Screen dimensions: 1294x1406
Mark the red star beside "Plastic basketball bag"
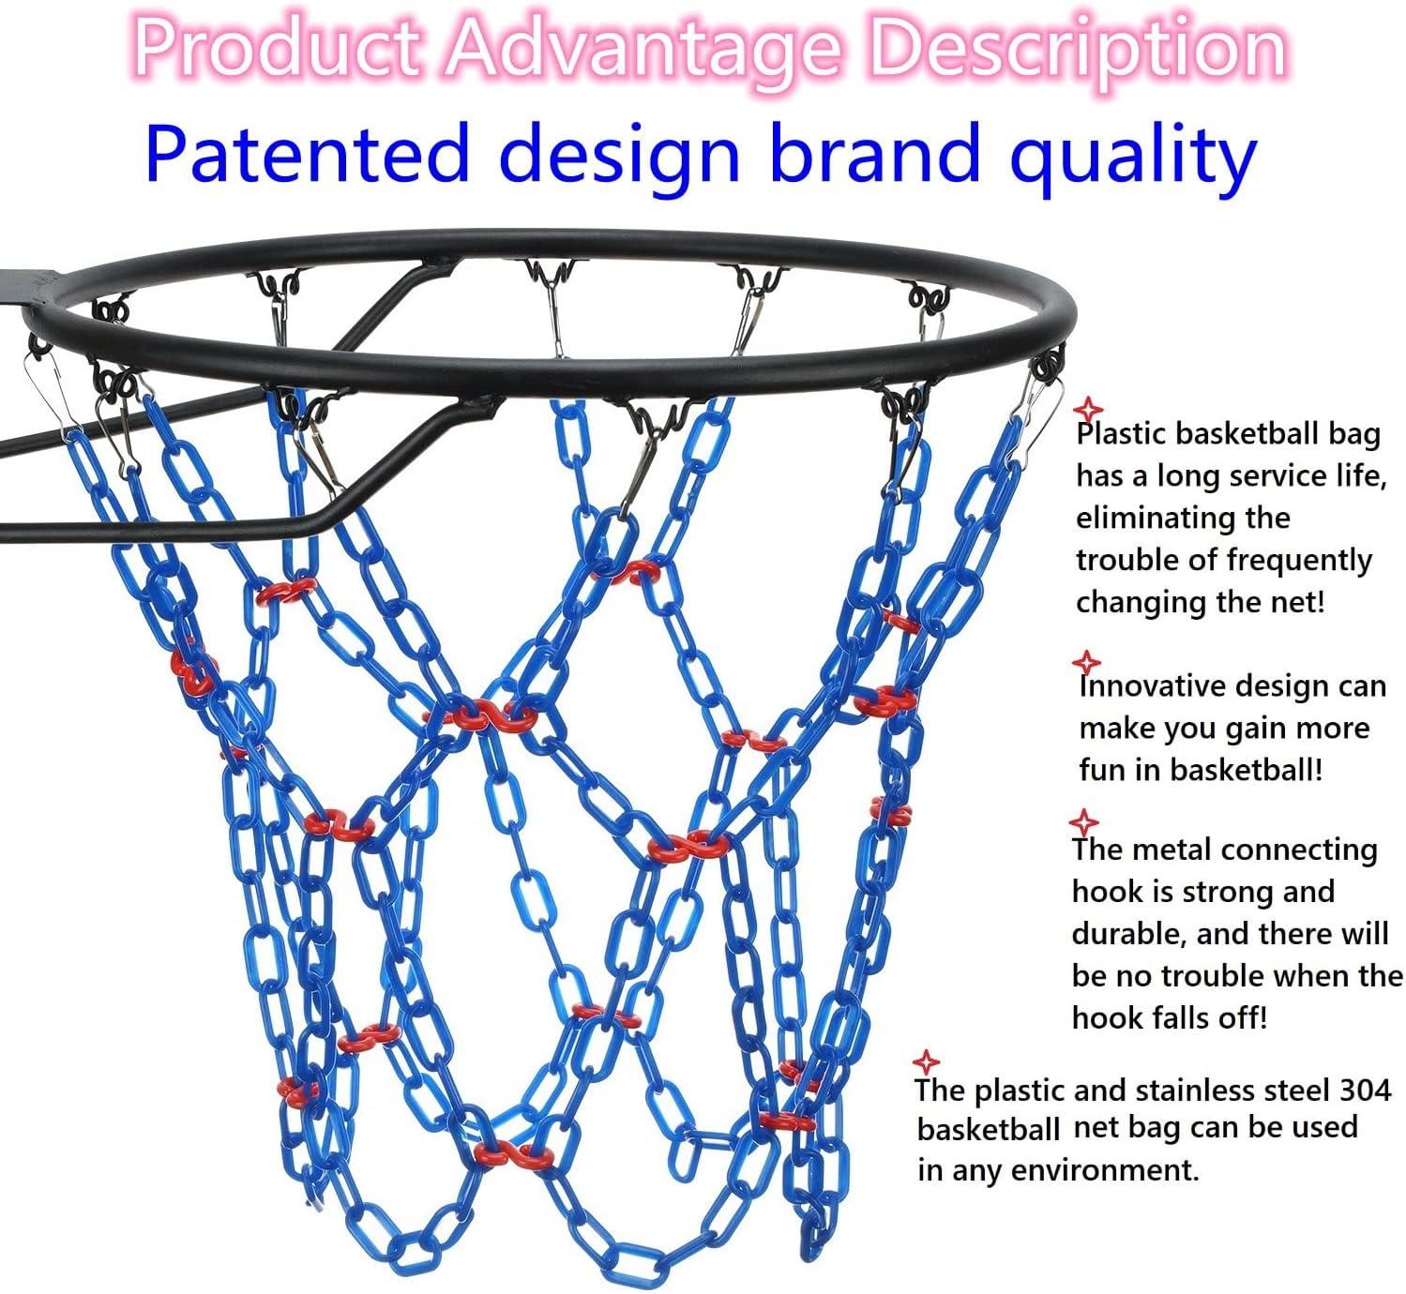(x=1088, y=409)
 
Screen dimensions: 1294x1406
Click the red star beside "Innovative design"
(x=1085, y=661)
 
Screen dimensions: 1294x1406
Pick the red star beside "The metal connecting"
(x=1084, y=822)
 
